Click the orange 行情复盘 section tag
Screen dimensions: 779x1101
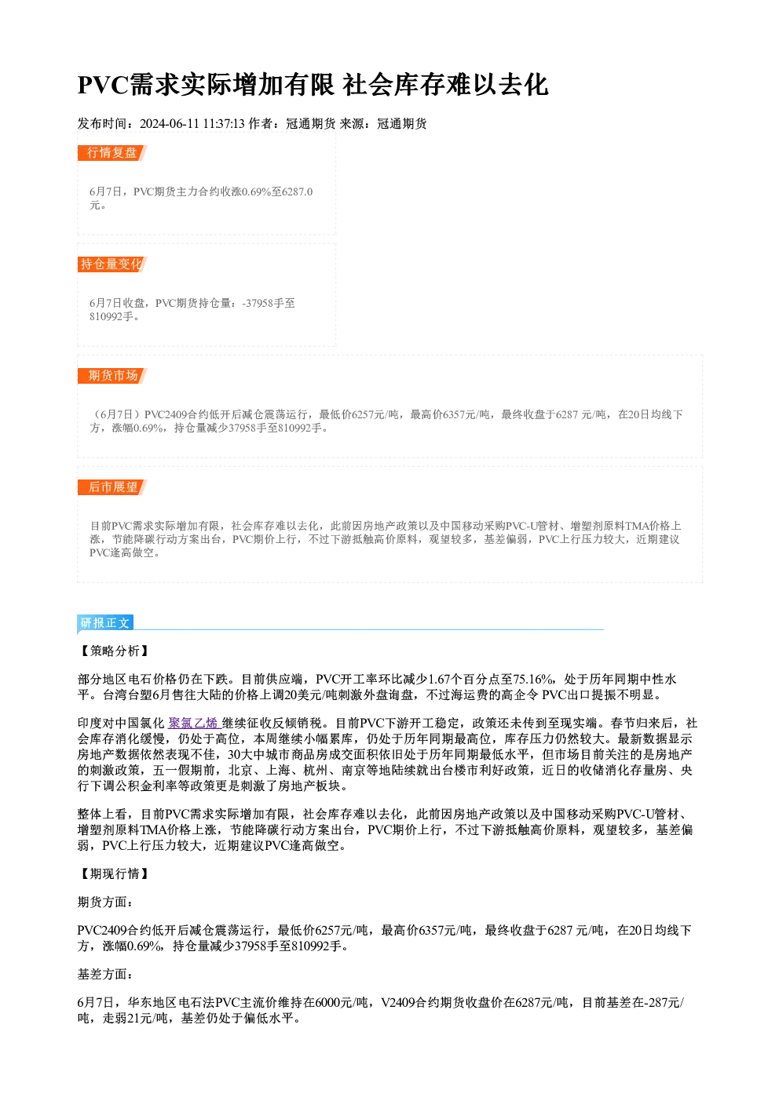coord(112,153)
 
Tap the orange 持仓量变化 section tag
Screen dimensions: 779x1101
coord(112,264)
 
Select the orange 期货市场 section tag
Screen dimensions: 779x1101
coord(112,376)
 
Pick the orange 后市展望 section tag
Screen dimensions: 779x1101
coord(112,487)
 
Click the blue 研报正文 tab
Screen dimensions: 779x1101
coord(105,623)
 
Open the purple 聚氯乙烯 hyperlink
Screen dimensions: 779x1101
coord(192,723)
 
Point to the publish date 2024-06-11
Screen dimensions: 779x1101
coord(170,123)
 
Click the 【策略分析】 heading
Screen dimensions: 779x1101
coord(114,651)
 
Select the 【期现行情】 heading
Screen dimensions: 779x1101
coord(114,873)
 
